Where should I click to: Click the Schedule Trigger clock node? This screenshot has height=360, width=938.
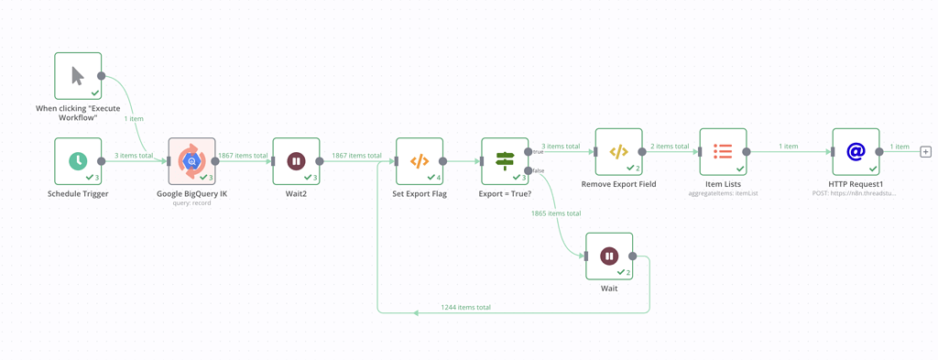click(78, 161)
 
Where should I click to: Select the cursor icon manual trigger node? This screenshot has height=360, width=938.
click(78, 75)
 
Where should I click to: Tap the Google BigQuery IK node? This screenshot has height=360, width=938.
click(191, 161)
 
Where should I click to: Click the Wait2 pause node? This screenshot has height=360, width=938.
click(296, 161)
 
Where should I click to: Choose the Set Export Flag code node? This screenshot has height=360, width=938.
click(419, 161)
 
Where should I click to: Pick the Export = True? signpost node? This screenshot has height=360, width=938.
click(505, 161)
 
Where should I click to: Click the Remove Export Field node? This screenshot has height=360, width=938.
click(618, 151)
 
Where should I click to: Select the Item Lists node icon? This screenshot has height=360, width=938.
click(723, 151)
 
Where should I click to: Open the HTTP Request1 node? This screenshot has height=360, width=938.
click(856, 151)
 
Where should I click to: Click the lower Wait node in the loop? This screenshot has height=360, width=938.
click(609, 256)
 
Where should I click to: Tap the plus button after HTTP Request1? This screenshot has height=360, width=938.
click(925, 152)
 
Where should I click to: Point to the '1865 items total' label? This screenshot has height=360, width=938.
click(556, 213)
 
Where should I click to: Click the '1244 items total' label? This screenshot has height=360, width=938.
click(465, 308)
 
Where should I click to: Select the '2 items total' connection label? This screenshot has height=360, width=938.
click(671, 147)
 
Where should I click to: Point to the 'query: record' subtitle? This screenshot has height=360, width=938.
click(191, 203)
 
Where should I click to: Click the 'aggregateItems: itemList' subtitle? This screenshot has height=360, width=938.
click(723, 194)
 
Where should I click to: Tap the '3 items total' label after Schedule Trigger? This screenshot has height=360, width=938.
click(134, 156)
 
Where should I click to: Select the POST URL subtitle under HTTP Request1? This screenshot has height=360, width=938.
click(856, 194)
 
